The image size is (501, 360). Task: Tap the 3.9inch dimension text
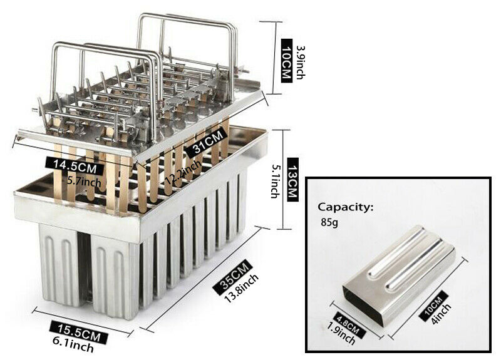pyautogui.click(x=301, y=63)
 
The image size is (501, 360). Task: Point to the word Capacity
pyautogui.click(x=346, y=207)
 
